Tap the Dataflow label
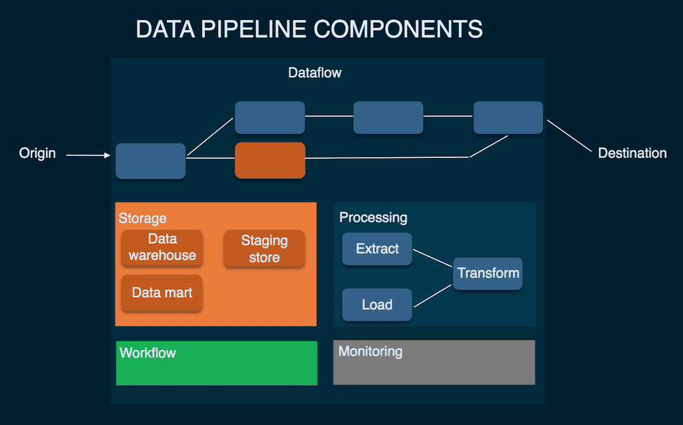click(315, 73)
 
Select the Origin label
click(37, 154)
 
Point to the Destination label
click(632, 153)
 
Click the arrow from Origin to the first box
click(88, 156)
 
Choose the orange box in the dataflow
click(270, 160)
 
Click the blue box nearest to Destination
click(508, 118)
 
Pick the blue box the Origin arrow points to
click(151, 161)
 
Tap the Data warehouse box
click(162, 247)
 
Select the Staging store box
click(264, 248)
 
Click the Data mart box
click(162, 292)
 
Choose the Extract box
click(377, 248)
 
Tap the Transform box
click(488, 273)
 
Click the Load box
click(377, 304)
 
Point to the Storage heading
click(143, 218)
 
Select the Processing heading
click(373, 218)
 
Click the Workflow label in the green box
click(147, 352)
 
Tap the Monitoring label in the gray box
click(370, 351)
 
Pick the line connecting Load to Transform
click(433, 296)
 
